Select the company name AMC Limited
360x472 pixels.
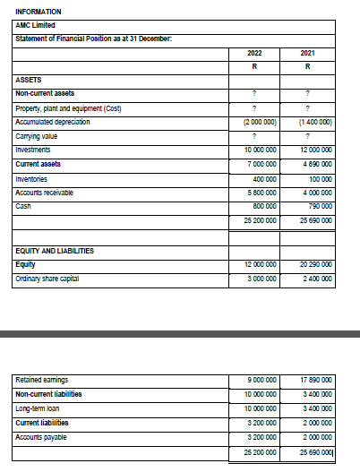click(34, 24)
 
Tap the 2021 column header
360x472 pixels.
click(307, 54)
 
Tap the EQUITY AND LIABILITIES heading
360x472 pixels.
click(56, 251)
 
